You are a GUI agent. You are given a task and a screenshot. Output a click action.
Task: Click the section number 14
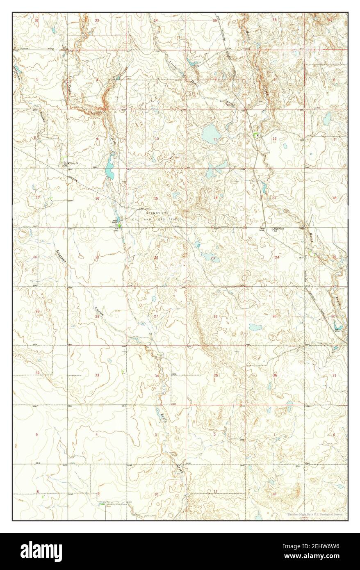[x=215, y=198]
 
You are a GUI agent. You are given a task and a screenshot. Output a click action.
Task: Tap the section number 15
[x=156, y=198]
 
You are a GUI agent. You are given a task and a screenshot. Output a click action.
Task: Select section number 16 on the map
[x=97, y=198]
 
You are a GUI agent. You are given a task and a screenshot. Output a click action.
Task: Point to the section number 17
[x=38, y=197]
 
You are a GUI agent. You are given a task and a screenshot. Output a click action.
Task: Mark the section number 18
[x=334, y=198]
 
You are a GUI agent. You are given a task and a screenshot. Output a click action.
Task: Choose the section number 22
[x=156, y=258]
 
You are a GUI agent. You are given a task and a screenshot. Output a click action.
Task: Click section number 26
[x=215, y=316]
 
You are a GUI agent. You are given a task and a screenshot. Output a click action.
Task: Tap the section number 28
[x=97, y=317]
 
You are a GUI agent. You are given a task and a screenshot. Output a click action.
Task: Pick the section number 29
[x=37, y=312]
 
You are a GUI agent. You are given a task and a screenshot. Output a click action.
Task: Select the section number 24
[x=277, y=257]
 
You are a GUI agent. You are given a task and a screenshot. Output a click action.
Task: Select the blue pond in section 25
[x=255, y=328]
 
